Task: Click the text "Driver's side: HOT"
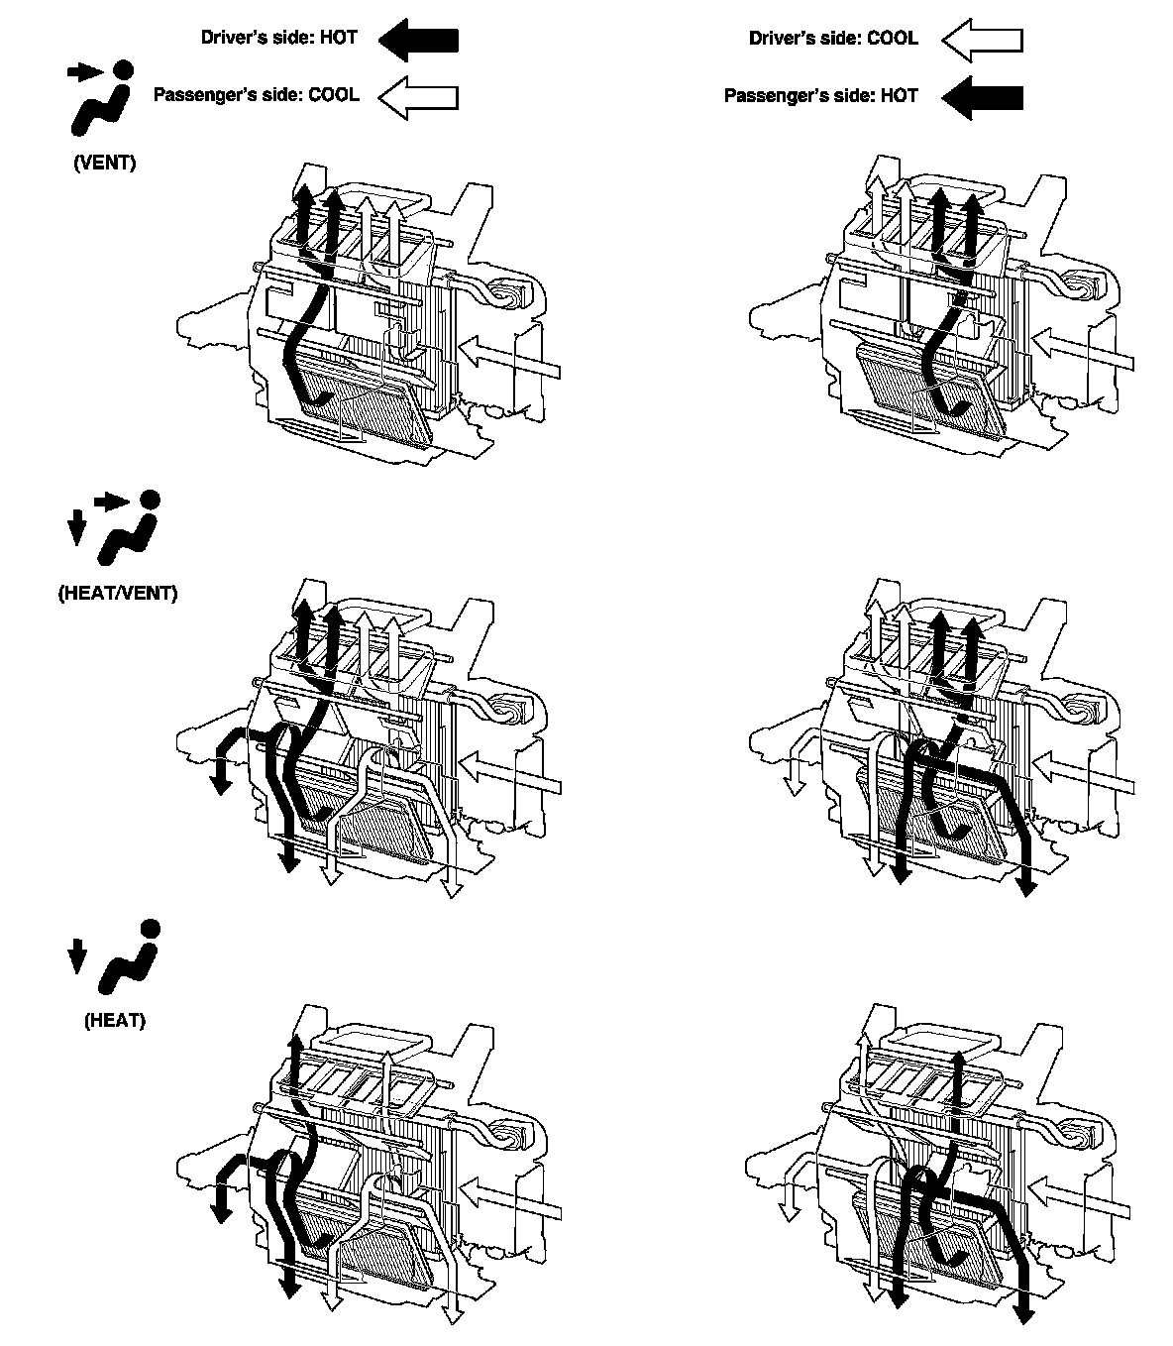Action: click(278, 39)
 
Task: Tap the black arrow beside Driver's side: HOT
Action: click(418, 40)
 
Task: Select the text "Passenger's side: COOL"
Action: click(256, 96)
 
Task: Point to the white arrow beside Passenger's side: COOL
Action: click(418, 97)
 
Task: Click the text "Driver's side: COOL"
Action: click(833, 39)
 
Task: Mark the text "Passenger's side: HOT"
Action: click(820, 96)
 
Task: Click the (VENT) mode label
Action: click(105, 164)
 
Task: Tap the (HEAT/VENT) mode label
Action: click(118, 594)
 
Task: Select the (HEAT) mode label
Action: click(115, 1020)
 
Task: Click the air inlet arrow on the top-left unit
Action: click(510, 358)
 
